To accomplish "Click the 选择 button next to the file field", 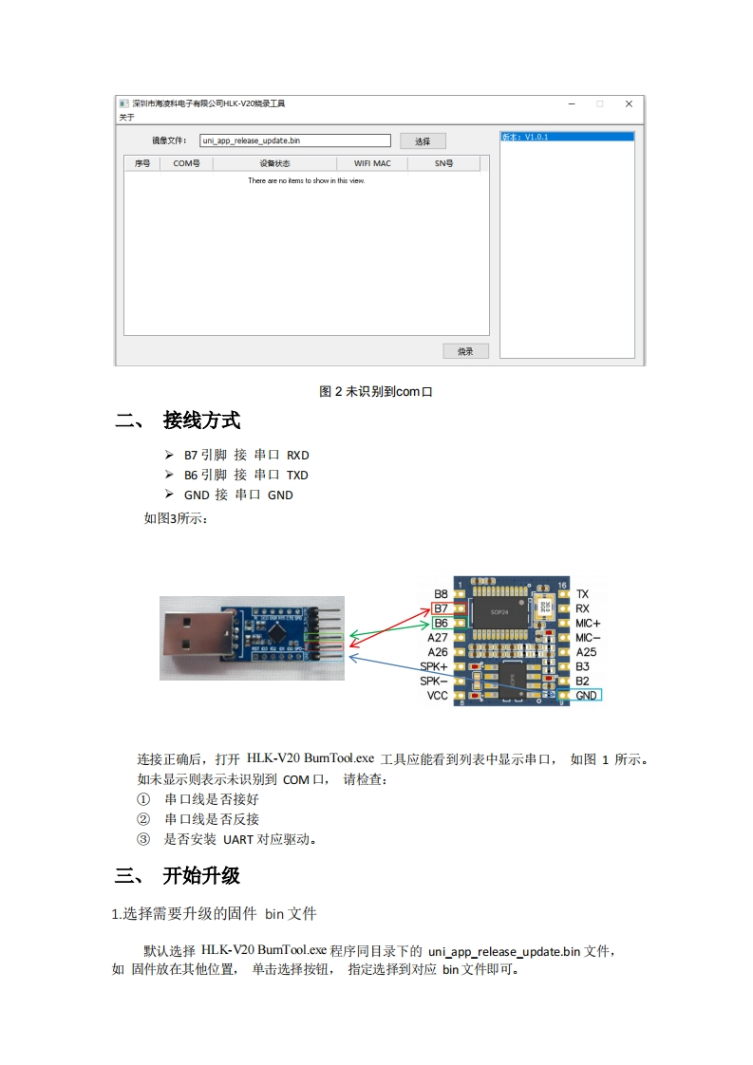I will (423, 141).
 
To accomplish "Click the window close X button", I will (629, 103).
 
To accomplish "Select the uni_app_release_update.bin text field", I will (295, 140).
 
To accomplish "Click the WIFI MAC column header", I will (372, 163).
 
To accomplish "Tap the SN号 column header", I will (443, 163).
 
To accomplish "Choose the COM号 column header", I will (186, 163).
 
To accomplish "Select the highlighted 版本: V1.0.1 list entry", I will (567, 137).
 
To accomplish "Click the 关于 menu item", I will (126, 117).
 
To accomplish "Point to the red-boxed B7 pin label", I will (442, 608).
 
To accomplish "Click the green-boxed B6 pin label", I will (442, 623).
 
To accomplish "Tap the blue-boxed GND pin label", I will (587, 695).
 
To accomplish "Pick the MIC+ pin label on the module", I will (588, 623).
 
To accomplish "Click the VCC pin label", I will (437, 696).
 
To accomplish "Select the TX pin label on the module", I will (582, 594).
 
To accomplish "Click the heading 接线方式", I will (201, 420).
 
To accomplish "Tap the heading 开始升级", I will (201, 875).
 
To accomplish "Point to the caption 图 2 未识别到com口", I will (376, 391).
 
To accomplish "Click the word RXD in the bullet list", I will (298, 455).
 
